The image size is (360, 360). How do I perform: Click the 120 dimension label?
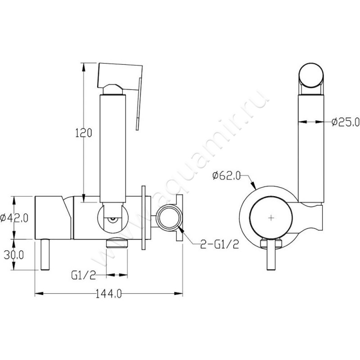click(84, 133)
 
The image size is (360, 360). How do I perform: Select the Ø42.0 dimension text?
click(14, 218)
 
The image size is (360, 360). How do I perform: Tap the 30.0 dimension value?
click(14, 255)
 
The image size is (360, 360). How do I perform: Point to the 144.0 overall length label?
click(108, 294)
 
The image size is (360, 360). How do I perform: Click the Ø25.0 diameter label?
click(346, 122)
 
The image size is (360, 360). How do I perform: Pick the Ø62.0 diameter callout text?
click(226, 176)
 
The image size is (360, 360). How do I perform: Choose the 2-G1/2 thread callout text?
click(220, 244)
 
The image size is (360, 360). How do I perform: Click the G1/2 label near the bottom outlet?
click(83, 275)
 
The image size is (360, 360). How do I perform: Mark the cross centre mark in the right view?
click(271, 217)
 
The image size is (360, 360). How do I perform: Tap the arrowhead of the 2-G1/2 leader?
click(181, 229)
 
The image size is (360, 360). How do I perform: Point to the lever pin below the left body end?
click(45, 254)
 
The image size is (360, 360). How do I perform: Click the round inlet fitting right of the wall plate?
click(169, 218)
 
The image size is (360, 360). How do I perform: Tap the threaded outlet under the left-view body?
click(117, 243)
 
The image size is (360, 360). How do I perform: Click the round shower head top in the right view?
click(311, 75)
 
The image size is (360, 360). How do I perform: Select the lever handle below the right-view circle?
click(271, 254)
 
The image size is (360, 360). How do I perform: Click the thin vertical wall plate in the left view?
click(144, 218)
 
